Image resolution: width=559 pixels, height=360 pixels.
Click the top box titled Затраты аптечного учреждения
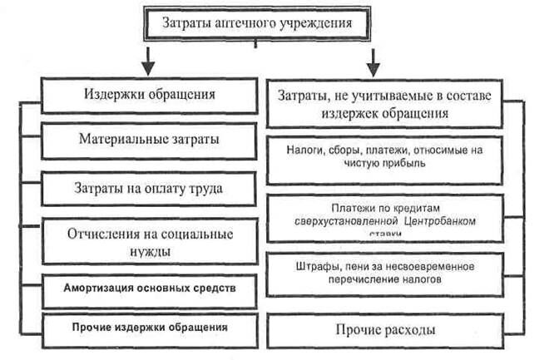[256, 22]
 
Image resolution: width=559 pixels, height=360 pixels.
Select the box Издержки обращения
[150, 94]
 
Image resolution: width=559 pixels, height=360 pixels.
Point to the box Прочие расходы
[383, 330]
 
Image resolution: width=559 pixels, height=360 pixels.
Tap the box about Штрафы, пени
[383, 273]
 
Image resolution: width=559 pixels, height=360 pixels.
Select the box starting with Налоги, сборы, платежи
[383, 155]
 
